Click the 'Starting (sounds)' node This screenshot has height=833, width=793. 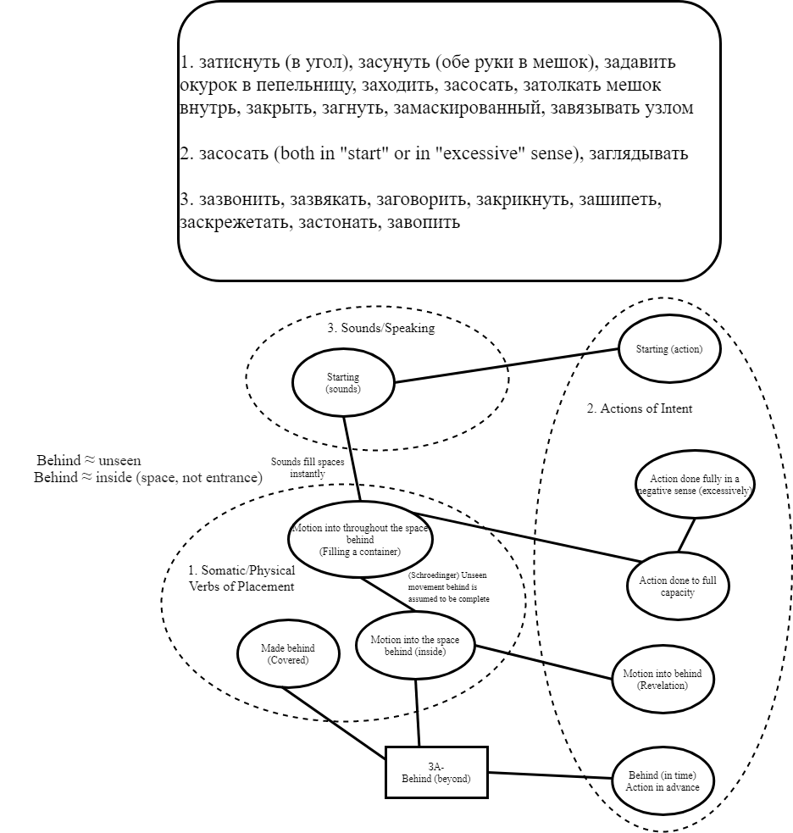pos(343,383)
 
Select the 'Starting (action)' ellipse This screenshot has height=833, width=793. pos(668,349)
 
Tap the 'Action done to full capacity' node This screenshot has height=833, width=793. pos(678,586)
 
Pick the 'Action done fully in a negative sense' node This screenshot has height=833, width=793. pos(695,485)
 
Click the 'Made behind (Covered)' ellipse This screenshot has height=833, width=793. pos(289,653)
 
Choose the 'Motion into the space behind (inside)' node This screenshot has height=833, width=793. pos(415,645)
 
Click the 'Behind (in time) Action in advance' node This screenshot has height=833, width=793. pos(663,780)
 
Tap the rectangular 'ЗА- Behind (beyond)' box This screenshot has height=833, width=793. pos(436,772)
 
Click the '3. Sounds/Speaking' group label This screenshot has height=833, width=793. pos(380,329)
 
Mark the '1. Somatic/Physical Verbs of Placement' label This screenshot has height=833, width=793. pos(241,578)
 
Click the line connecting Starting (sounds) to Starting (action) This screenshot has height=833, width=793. pos(507,365)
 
